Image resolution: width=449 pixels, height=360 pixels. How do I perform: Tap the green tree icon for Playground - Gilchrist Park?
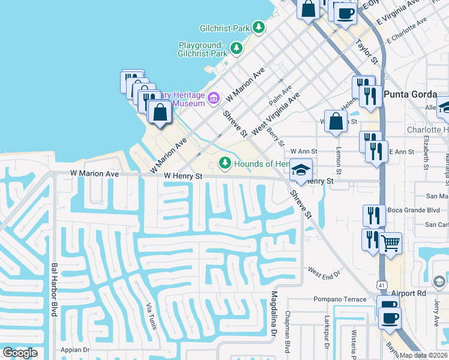pos(237,47)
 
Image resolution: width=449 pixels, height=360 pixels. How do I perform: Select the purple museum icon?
pos(214,97)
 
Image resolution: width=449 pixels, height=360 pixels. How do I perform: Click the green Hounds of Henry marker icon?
pos(225,163)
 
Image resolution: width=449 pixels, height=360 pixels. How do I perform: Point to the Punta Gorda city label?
pos(409,93)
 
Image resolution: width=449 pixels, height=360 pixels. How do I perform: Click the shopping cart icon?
pos(391,243)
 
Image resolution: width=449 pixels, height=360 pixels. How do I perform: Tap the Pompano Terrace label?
pos(339,299)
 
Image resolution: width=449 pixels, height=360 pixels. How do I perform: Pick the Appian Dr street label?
pos(75,349)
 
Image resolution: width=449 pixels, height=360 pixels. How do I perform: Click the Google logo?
pos(20,353)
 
